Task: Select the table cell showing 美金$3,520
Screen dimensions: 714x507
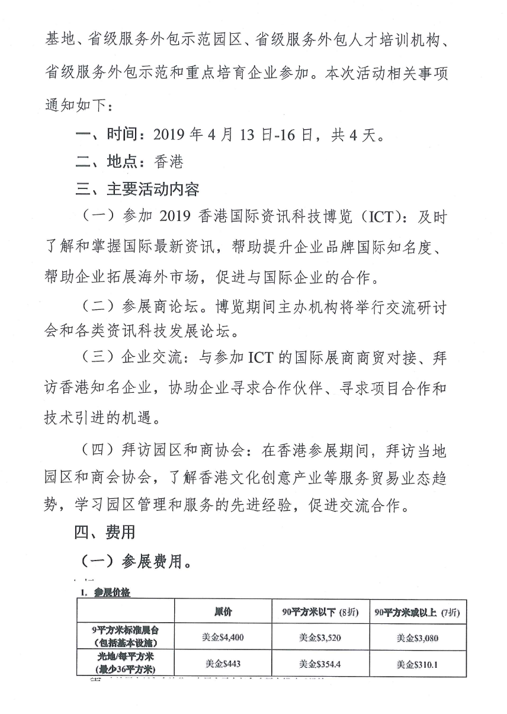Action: point(320,638)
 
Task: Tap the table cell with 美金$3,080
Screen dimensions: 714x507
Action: point(417,638)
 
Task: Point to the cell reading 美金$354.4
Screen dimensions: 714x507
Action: point(320,664)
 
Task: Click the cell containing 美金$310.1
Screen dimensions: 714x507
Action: point(417,664)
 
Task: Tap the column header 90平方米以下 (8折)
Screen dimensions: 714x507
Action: point(320,611)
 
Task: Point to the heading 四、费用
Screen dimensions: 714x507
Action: point(105,532)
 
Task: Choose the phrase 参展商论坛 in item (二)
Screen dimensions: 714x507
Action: point(164,304)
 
